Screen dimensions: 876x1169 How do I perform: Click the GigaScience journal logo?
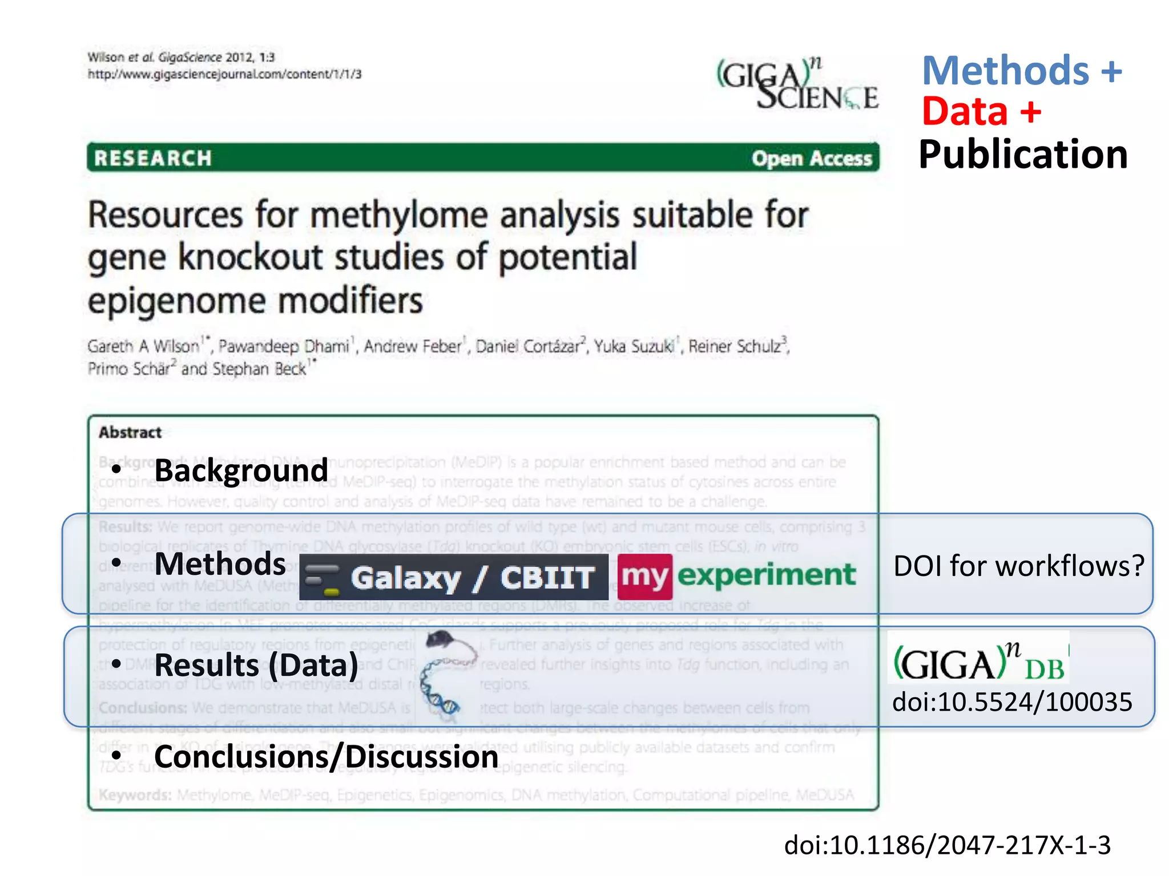pyautogui.click(x=797, y=84)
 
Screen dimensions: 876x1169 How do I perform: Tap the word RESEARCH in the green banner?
pyautogui.click(x=153, y=158)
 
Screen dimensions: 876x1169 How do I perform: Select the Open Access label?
pyautogui.click(x=812, y=159)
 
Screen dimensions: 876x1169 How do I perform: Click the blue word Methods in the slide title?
pyautogui.click(x=1006, y=71)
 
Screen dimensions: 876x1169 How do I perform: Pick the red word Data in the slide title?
pyautogui.click(x=965, y=111)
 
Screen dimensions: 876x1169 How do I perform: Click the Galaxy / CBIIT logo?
pyautogui.click(x=454, y=577)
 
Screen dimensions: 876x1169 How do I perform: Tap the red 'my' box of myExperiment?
pyautogui.click(x=644, y=576)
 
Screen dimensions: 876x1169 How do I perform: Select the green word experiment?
pyautogui.click(x=766, y=575)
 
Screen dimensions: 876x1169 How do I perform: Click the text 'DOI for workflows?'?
pyautogui.click(x=1018, y=566)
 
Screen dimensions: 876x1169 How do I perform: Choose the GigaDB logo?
pyautogui.click(x=978, y=660)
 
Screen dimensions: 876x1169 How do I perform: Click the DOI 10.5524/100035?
pyautogui.click(x=1012, y=702)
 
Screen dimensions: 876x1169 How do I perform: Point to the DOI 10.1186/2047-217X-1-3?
pyautogui.click(x=947, y=845)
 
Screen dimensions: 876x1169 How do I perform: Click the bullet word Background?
pyautogui.click(x=241, y=471)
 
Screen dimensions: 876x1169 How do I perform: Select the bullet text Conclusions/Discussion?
pyautogui.click(x=326, y=757)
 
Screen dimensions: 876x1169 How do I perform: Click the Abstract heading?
pyautogui.click(x=130, y=432)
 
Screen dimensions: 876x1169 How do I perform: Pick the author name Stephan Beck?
pyautogui.click(x=259, y=369)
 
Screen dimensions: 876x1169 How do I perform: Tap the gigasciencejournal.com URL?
pyautogui.click(x=224, y=74)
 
